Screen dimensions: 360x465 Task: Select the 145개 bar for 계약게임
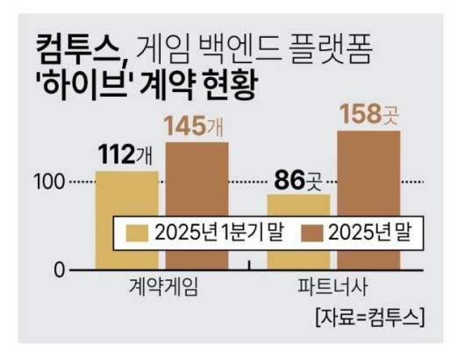197,176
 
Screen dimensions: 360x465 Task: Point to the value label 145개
197,126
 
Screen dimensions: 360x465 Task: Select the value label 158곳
369,114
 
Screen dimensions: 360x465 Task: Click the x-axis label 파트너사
334,289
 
